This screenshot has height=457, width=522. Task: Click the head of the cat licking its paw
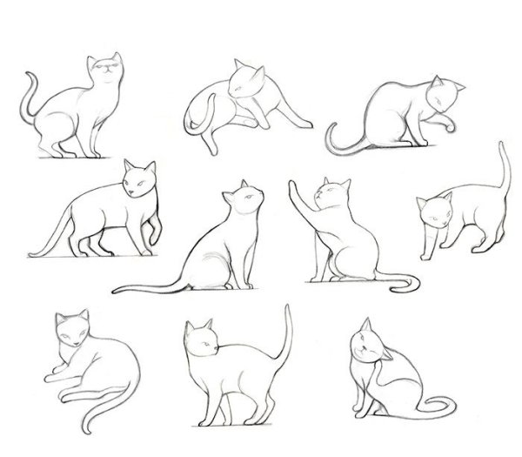click(442, 96)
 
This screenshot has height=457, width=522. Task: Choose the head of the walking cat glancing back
click(138, 182)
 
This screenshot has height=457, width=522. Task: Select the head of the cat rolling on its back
click(243, 83)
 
